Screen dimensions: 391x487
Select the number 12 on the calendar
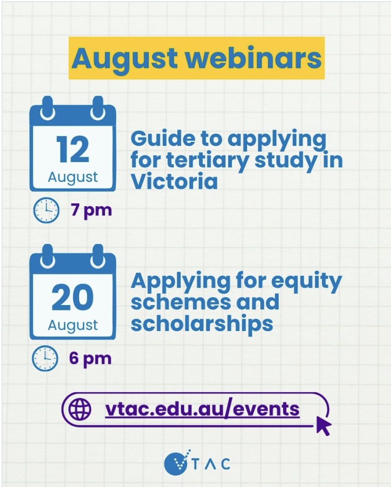tap(73, 150)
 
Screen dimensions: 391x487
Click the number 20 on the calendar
tap(73, 297)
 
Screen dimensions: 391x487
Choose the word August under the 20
tap(73, 326)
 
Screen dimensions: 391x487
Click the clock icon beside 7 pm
tap(46, 210)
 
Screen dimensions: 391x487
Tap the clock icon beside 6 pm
tap(45, 358)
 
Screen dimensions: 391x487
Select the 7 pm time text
tap(91, 211)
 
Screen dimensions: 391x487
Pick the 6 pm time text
tap(90, 359)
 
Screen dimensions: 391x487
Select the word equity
tap(306, 282)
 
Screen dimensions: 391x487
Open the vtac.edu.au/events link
tap(202, 409)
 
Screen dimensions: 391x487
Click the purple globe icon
tap(80, 409)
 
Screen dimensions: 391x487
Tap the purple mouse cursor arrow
tap(323, 425)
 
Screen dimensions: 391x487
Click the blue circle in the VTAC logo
tap(176, 464)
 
